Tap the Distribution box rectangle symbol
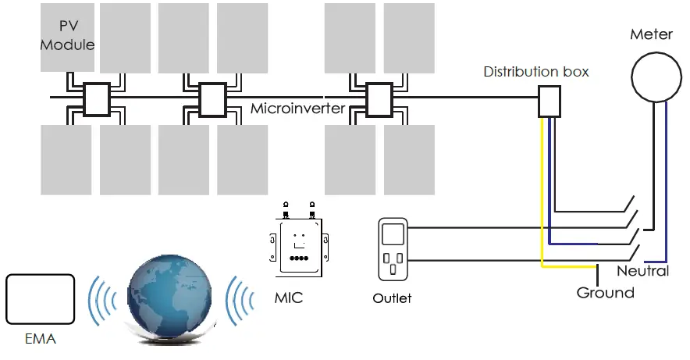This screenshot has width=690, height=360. pyautogui.click(x=550, y=102)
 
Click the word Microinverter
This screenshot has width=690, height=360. pyautogui.click(x=297, y=109)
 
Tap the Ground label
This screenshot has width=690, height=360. pyautogui.click(x=605, y=293)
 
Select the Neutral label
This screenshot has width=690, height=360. pyautogui.click(x=642, y=271)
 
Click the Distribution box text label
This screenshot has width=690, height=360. pyautogui.click(x=536, y=72)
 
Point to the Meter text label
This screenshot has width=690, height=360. pyautogui.click(x=651, y=35)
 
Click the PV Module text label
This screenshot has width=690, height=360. pyautogui.click(x=67, y=36)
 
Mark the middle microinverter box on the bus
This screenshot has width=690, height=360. pyautogui.click(x=213, y=99)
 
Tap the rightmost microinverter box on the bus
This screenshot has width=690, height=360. pyautogui.click(x=379, y=99)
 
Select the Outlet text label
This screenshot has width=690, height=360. pyautogui.click(x=392, y=298)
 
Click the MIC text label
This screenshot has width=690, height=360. pyautogui.click(x=288, y=298)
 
